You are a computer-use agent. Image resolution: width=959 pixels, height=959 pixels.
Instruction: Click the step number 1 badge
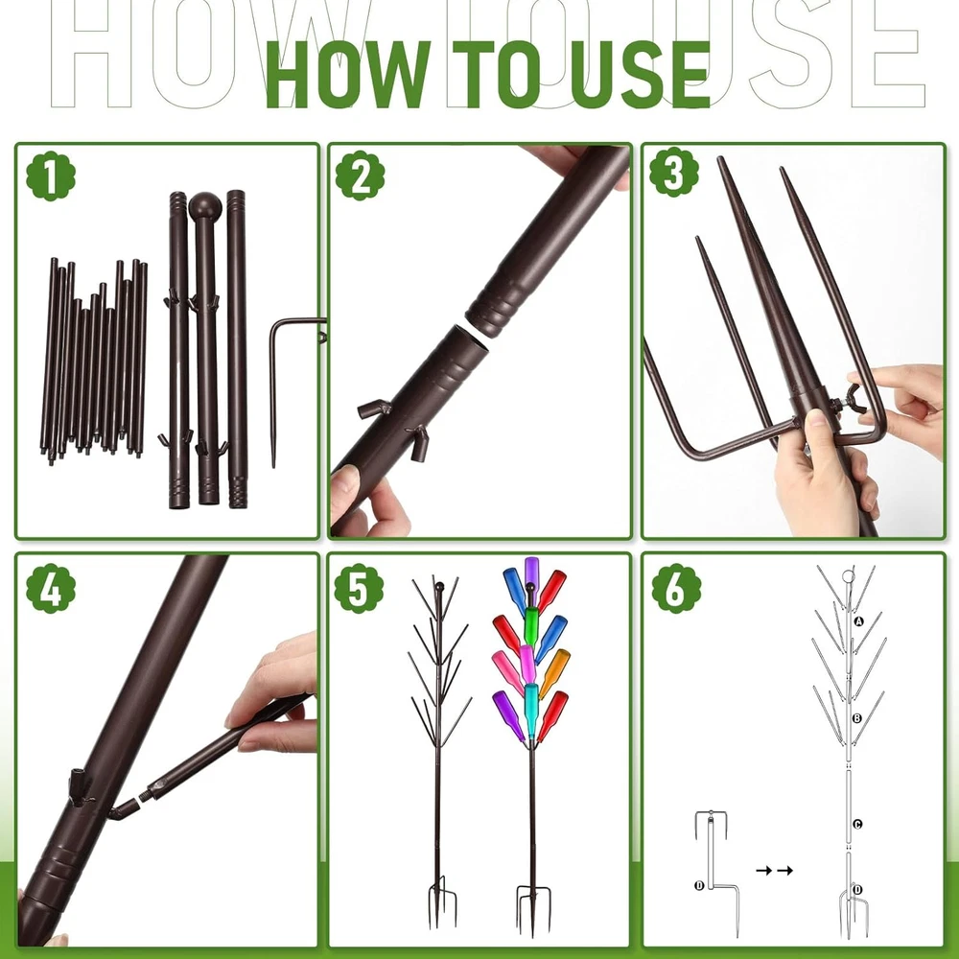[51, 176]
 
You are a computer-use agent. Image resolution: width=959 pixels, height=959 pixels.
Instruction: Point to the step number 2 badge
[361, 176]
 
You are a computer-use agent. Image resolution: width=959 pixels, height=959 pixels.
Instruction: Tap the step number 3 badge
[674, 172]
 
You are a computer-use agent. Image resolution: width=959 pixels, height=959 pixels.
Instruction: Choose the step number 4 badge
[51, 589]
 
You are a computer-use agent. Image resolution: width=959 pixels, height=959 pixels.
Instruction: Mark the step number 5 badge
[359, 589]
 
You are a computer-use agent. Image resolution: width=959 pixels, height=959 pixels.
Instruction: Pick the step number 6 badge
[676, 589]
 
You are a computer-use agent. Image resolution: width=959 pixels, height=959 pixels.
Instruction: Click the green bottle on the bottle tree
[530, 627]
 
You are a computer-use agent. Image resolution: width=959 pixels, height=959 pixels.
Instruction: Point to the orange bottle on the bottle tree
[553, 674]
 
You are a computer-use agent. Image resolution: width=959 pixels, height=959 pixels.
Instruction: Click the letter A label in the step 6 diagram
[858, 621]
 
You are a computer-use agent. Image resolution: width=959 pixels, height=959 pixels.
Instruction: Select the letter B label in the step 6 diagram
[856, 718]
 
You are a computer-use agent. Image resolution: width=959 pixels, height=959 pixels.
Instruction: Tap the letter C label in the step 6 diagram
[857, 824]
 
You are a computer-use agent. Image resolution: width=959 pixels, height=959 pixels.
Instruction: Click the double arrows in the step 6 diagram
[774, 871]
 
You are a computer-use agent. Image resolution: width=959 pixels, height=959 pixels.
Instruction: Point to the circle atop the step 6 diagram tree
[848, 576]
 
